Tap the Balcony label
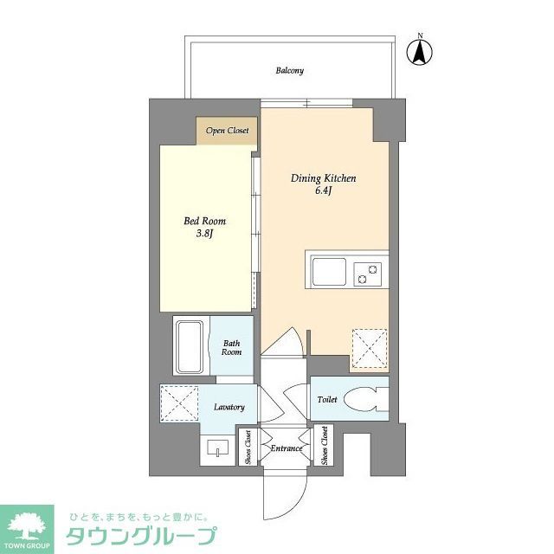point(289,71)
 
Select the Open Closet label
point(227,131)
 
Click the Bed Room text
point(204,221)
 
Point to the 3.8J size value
point(204,233)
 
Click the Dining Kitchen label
point(323,178)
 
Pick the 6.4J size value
point(324,190)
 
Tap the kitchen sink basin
point(330,274)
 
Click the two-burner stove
point(370,274)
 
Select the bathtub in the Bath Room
point(190,346)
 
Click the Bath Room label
point(231,347)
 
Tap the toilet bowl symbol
point(363,401)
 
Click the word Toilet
point(326,400)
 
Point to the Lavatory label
point(229,407)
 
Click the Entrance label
point(287,448)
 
